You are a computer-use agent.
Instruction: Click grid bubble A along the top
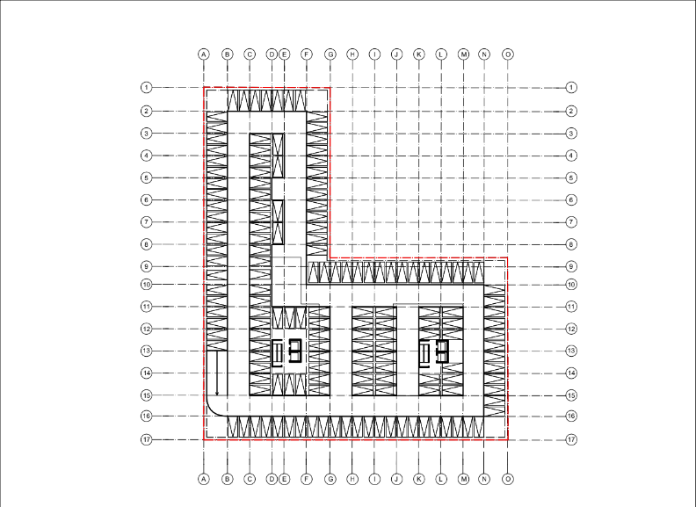point(204,54)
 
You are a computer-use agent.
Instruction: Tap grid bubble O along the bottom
point(508,479)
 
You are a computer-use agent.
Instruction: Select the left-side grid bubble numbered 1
point(147,88)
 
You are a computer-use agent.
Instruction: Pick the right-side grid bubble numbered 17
point(571,439)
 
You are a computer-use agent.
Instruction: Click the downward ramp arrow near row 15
point(217,373)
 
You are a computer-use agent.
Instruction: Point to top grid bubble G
point(330,54)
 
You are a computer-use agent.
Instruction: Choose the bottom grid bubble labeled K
point(418,479)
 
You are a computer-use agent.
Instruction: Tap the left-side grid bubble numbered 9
point(147,266)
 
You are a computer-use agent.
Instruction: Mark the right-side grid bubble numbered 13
point(571,351)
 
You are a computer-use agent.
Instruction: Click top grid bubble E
point(284,54)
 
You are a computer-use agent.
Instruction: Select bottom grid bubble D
point(272,479)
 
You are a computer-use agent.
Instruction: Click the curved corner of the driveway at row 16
point(212,411)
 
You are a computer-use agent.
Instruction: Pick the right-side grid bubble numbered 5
point(571,177)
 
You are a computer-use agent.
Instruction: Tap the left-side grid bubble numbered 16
point(147,416)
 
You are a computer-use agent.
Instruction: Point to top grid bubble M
point(463,54)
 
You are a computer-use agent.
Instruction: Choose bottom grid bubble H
point(352,479)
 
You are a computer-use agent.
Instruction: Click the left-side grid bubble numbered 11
point(147,307)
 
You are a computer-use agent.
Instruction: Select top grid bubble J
point(396,54)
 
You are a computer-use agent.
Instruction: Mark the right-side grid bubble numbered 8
point(571,244)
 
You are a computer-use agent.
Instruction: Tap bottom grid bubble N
point(484,479)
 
